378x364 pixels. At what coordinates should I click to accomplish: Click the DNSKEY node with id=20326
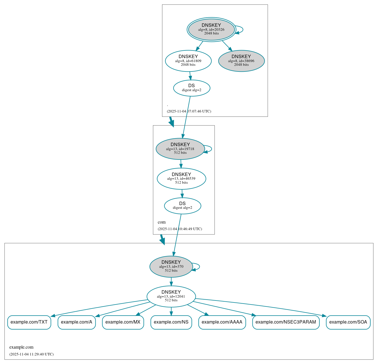coord(211,29)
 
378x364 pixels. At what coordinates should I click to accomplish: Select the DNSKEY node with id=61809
coord(188,61)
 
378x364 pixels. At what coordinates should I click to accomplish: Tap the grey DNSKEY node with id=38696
coord(241,61)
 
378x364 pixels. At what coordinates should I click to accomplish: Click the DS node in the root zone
coord(191,88)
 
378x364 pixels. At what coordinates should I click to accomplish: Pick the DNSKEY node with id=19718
coord(180,149)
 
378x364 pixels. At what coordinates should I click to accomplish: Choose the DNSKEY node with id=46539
coord(181,179)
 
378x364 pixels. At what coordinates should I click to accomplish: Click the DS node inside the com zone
coord(182,206)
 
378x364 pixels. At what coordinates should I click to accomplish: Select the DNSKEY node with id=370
coord(171,267)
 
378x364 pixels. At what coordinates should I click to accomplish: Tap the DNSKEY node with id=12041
coord(171,296)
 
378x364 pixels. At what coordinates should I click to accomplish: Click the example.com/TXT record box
coord(29,322)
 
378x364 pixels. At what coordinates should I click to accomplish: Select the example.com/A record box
coord(77,322)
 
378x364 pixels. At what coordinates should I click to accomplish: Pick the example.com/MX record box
coord(123,322)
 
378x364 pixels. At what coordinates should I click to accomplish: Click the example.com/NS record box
coord(171,322)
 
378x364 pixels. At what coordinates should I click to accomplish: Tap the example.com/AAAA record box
coord(222,322)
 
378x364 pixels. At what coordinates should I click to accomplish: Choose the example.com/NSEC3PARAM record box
coord(286,322)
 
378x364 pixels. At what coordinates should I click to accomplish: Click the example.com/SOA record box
coord(348,322)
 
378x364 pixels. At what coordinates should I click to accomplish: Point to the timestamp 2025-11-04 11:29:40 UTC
coord(31,354)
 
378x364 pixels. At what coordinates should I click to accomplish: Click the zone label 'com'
coord(162,222)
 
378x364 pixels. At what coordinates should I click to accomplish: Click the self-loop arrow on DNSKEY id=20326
coord(242,29)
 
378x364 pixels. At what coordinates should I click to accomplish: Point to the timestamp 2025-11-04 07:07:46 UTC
coord(189,111)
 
